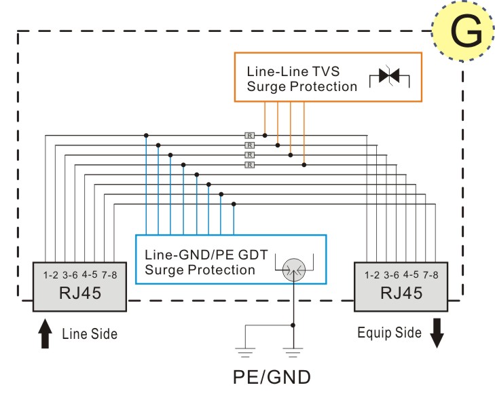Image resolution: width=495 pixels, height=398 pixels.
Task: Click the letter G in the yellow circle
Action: click(x=466, y=31)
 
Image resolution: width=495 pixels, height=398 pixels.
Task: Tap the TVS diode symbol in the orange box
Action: click(x=389, y=76)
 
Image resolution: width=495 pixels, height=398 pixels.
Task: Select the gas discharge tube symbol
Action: click(x=294, y=270)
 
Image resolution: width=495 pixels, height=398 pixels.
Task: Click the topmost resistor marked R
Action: click(x=249, y=136)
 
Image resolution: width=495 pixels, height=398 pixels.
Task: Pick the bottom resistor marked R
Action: click(x=249, y=165)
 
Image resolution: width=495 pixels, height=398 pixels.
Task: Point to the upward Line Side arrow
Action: click(x=45, y=333)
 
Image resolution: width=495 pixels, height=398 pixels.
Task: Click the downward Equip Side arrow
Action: click(x=437, y=333)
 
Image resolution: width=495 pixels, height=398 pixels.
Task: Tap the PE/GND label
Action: click(x=272, y=377)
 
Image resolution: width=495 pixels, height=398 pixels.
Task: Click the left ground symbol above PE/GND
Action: click(x=245, y=352)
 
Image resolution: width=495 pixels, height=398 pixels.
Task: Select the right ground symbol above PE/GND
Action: click(x=293, y=352)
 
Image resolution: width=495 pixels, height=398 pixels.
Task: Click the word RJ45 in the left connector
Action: click(x=80, y=293)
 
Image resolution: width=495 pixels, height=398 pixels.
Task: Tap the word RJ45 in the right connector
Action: click(x=401, y=293)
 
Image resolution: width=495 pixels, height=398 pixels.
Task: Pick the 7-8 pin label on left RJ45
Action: click(x=109, y=275)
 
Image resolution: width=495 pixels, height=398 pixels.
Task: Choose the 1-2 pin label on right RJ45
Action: click(x=372, y=275)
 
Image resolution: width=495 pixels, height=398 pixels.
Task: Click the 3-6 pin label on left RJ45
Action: click(x=70, y=275)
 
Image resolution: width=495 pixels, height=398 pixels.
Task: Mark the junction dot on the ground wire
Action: click(x=293, y=325)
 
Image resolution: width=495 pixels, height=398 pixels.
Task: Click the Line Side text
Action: click(x=90, y=334)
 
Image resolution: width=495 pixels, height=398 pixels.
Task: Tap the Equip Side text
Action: click(x=390, y=333)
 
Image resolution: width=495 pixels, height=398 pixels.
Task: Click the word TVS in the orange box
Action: click(x=325, y=71)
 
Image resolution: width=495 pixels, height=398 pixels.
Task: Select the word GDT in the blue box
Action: click(x=253, y=255)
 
